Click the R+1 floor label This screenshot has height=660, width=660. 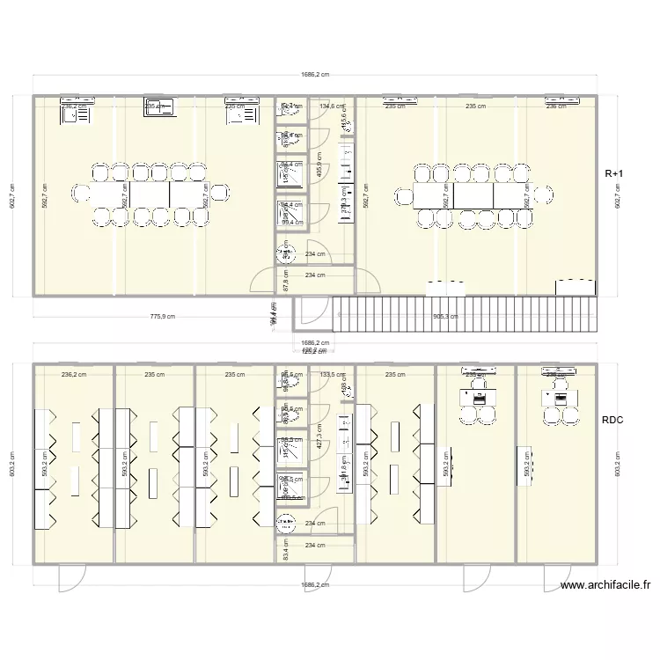[614, 174]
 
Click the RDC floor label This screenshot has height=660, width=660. [612, 421]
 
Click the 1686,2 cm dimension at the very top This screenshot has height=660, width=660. [314, 76]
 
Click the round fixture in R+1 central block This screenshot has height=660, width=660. [285, 253]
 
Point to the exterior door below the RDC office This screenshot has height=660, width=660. [472, 576]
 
